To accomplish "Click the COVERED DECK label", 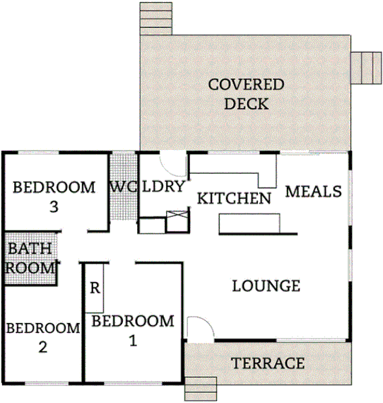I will tap(245, 94).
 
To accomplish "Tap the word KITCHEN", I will tap(233, 198).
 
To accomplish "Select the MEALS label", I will tap(314, 192).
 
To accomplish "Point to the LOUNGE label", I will tap(266, 286).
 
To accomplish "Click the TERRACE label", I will tap(269, 363).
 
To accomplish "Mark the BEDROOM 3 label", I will tap(54, 197).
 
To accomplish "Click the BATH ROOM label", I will tap(30, 258).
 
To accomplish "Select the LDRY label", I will tap(163, 187).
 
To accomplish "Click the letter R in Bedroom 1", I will tap(94, 288).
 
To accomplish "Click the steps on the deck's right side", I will tap(366, 67).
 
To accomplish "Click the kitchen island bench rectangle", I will tap(249, 223).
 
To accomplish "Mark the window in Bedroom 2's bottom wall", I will tap(46, 382).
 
